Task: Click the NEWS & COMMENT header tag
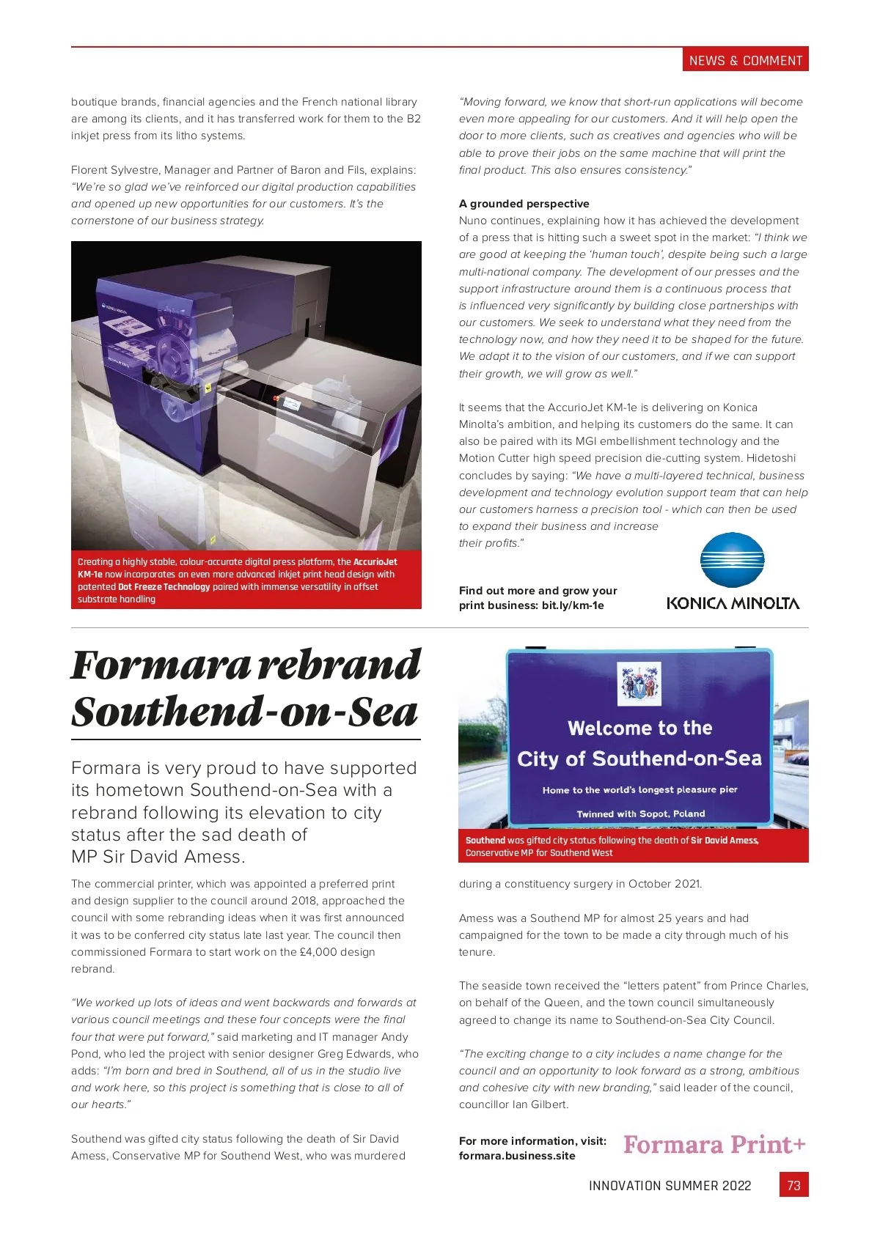(745, 61)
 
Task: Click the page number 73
(793, 1185)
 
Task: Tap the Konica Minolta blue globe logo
(732, 560)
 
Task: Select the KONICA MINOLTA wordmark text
(733, 604)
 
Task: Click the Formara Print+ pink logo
(714, 1145)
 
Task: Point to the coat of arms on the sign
(639, 683)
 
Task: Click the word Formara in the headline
(161, 665)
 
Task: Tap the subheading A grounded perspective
(524, 204)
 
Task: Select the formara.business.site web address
(517, 1156)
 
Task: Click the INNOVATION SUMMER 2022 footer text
(670, 1186)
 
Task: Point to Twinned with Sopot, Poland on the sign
(640, 814)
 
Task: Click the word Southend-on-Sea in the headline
(244, 712)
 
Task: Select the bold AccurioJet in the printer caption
(375, 562)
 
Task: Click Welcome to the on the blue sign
(639, 728)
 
